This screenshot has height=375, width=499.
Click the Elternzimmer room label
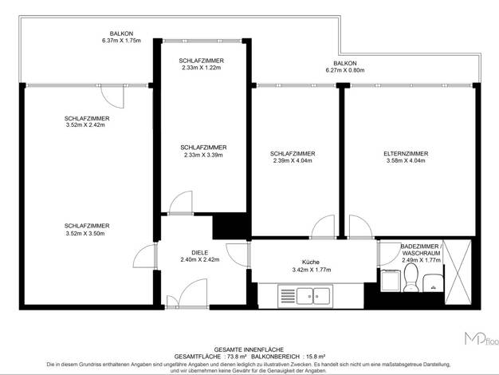pos(406,153)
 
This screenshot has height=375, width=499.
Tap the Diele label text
pos(200,253)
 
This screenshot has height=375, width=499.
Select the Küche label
pos(311,262)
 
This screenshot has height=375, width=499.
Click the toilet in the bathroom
pos(411,278)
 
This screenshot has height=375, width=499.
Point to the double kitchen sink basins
pos(313,296)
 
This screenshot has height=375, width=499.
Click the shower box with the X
pos(458,272)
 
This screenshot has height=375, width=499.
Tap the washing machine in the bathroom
pos(390,280)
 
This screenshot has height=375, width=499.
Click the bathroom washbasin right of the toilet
pos(433,282)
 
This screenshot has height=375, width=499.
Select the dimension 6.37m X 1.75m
pos(121,41)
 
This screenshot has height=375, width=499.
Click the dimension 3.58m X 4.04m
pos(406,160)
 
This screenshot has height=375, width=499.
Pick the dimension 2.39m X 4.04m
pos(293,160)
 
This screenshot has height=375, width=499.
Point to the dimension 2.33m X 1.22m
pos(202,68)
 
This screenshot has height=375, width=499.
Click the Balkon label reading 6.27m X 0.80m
pos(345,66)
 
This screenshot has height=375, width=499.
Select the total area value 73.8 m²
pos(235,357)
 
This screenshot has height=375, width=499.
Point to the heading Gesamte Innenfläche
pos(249,349)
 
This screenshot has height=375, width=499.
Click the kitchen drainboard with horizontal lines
pos(288,296)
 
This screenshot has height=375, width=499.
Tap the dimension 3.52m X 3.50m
pos(85,234)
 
